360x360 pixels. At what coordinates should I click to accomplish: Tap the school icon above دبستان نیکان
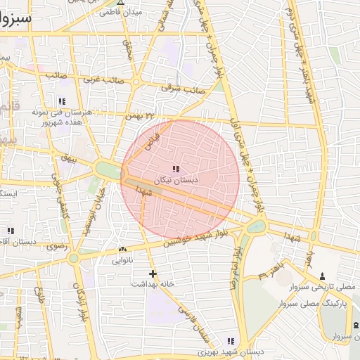(x=175, y=169)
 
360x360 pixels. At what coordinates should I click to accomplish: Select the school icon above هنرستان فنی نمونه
(x=62, y=101)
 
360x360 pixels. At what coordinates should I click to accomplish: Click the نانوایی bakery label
(x=126, y=260)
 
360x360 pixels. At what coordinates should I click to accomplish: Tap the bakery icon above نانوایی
(x=123, y=249)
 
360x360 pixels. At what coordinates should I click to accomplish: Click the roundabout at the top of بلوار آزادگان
(x=73, y=259)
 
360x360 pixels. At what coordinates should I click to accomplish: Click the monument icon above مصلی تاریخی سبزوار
(x=323, y=276)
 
